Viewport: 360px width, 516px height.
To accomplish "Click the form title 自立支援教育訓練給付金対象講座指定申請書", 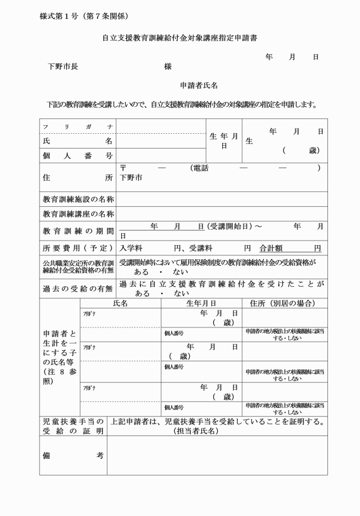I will pos(179,38).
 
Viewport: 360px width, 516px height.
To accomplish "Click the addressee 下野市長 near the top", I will pos(63,67).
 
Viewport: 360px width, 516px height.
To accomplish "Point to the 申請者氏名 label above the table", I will pos(199,86).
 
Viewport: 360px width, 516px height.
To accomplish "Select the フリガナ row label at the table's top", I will pos(77,126).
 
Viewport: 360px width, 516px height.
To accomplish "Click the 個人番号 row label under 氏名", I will pos(77,155).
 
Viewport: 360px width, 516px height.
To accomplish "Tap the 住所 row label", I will pos(77,178).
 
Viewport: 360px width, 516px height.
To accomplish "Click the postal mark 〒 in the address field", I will pos(123,168).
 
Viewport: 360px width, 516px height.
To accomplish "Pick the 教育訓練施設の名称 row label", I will pos(78,199).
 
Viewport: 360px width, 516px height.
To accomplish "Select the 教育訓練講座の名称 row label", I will pos(78,214).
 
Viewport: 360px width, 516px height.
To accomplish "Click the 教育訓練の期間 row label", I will pos(78,231).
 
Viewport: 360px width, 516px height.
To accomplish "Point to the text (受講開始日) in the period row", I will pos(229,227).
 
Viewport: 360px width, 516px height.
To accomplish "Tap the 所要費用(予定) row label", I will pos(78,249).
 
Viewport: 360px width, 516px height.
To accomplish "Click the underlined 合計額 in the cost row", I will pos(271,249).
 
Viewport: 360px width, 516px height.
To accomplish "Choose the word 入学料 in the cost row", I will pos(131,249).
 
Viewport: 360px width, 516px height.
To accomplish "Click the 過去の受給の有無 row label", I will pos(78,289).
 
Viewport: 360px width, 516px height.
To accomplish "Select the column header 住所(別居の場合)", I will pos(282,303).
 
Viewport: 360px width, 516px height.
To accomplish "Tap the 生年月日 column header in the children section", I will pos(201,303).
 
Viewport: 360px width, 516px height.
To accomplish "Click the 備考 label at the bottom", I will pos(73,455).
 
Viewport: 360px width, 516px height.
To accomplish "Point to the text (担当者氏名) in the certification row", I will pos(196,431).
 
